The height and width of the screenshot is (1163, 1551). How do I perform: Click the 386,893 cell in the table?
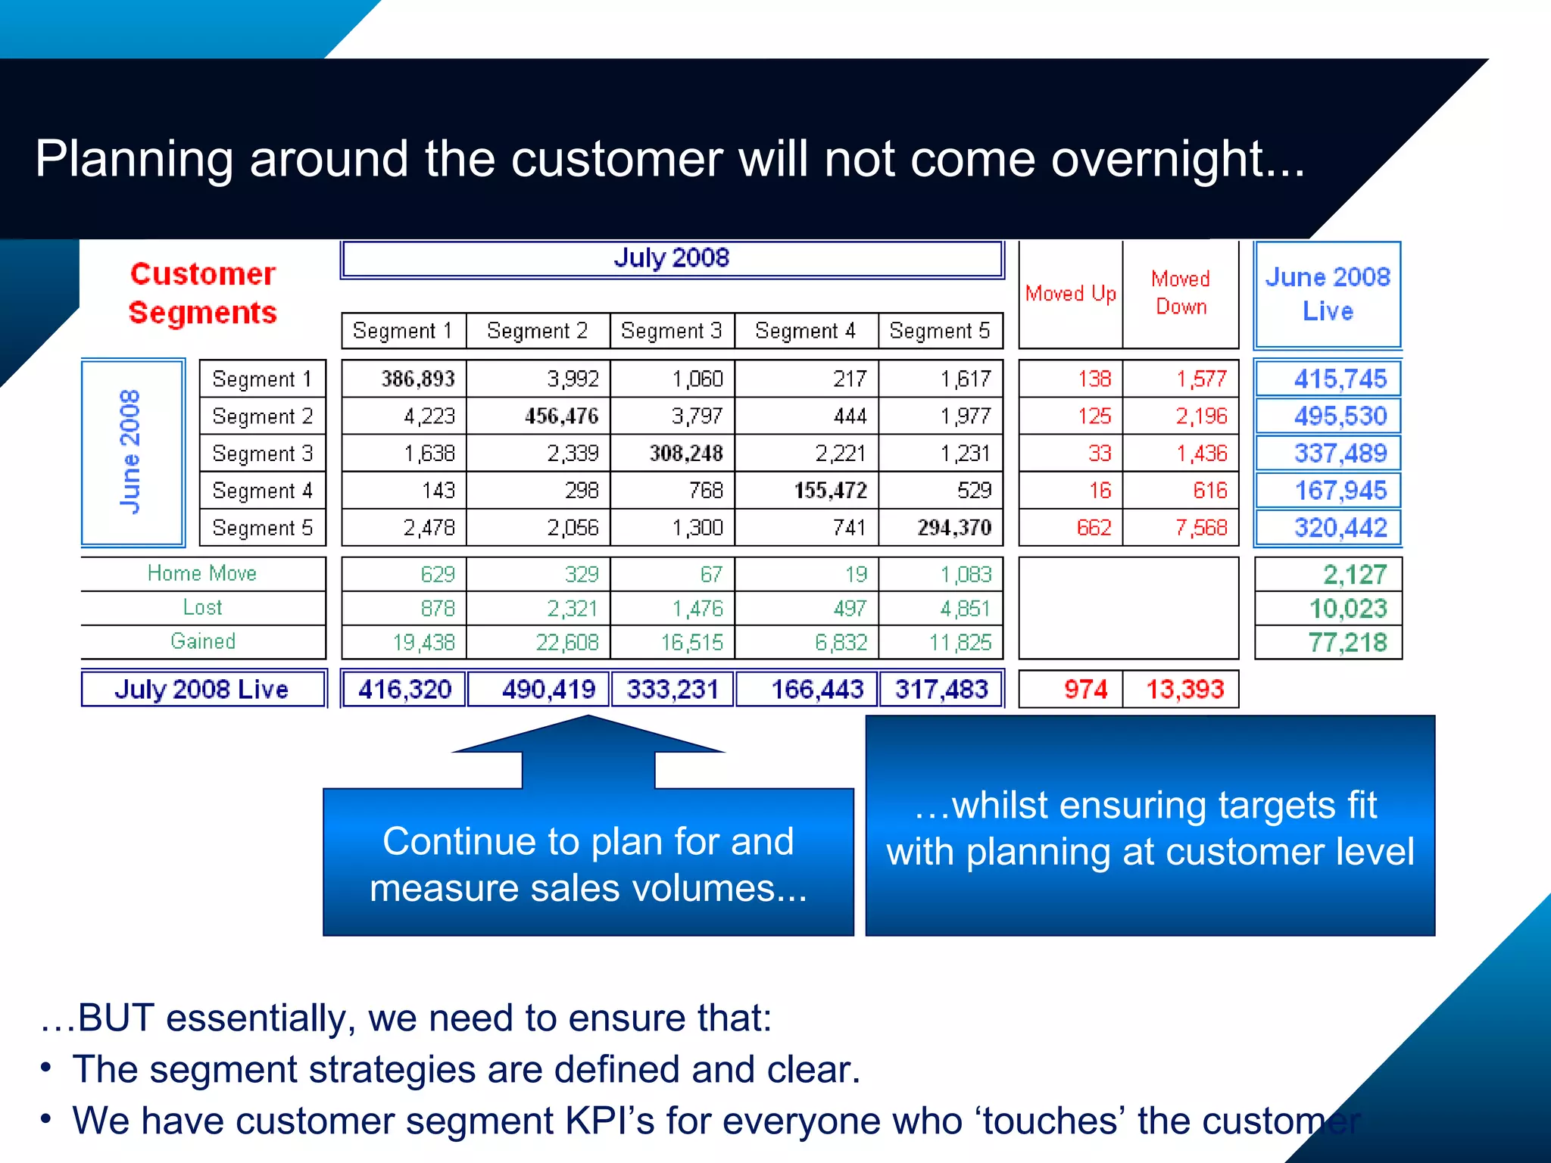[x=417, y=379]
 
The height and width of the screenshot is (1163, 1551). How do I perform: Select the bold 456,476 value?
[x=561, y=416]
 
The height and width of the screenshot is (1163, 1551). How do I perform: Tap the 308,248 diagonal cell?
[x=685, y=453]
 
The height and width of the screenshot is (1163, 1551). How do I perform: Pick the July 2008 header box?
[x=672, y=259]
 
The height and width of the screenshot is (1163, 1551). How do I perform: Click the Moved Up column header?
[x=1070, y=294]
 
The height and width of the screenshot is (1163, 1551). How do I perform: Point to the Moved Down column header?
[x=1181, y=293]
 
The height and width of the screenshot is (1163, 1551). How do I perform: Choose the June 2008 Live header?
[x=1328, y=295]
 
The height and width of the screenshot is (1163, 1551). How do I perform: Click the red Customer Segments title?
[x=203, y=294]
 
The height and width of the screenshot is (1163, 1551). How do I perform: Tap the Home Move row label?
[x=202, y=573]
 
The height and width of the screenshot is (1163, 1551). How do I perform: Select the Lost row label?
[x=202, y=607]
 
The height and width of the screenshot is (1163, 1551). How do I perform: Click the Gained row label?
[x=203, y=641]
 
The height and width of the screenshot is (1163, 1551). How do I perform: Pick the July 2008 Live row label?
[x=202, y=689]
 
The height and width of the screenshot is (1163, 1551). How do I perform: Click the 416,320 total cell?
[x=404, y=689]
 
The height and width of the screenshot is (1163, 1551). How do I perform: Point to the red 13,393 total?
[x=1184, y=689]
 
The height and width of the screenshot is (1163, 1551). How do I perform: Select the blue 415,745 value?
[x=1340, y=379]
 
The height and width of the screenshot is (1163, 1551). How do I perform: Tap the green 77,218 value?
[x=1347, y=643]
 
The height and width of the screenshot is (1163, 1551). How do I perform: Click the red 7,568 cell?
[x=1201, y=528]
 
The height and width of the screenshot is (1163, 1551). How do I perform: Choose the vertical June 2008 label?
[x=131, y=452]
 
